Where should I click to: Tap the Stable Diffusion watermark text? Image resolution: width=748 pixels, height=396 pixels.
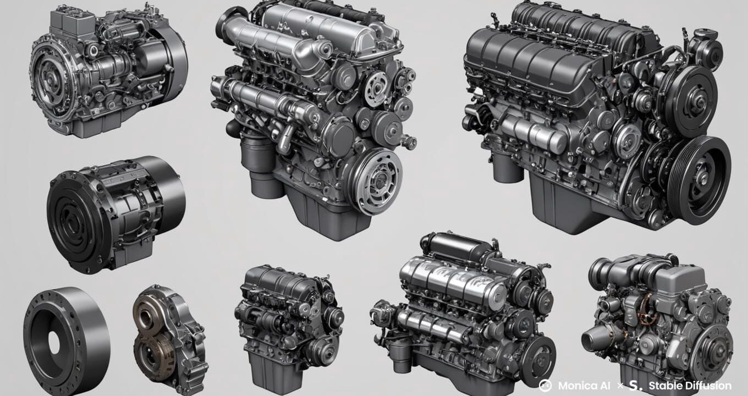coord(690,386)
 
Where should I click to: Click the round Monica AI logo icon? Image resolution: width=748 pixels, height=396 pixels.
coord(545,386)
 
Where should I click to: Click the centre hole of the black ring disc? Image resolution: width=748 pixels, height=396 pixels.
coord(54,343)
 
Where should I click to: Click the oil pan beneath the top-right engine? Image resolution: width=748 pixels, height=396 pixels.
coord(566,204)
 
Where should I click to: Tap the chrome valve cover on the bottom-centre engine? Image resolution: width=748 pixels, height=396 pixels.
coord(451,280)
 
